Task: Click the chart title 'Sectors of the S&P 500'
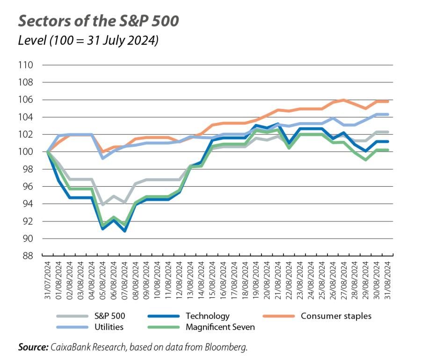tap(98, 21)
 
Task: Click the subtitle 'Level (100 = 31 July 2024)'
tap(88, 41)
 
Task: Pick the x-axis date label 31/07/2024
tap(47, 279)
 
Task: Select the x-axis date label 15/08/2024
tap(212, 279)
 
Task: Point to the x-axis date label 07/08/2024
tap(124, 279)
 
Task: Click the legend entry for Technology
tap(207, 316)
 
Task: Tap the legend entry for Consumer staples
tap(336, 316)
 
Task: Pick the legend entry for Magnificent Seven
tap(220, 327)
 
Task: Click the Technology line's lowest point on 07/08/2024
tap(124, 231)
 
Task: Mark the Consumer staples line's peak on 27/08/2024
tap(343, 100)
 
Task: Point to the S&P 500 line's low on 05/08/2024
tap(102, 205)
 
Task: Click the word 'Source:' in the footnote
tap(33, 347)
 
